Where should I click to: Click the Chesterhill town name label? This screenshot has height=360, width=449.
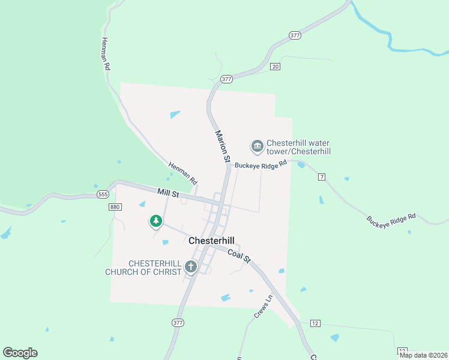[x=211, y=240]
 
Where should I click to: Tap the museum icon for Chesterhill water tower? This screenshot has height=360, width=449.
[x=257, y=146]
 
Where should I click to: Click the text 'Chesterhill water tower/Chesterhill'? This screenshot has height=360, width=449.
[x=298, y=148]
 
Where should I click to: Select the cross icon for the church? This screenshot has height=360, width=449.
[x=191, y=267]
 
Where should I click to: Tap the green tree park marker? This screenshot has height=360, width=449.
[x=156, y=221]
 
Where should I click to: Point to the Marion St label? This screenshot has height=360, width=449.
[x=222, y=146]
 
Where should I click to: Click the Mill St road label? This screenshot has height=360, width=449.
[x=168, y=193]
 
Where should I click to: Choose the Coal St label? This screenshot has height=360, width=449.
[x=238, y=256]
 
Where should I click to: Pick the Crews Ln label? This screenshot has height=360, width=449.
[x=263, y=306]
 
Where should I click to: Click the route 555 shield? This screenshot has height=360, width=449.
[x=102, y=194]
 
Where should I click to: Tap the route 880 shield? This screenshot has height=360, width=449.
[x=115, y=206]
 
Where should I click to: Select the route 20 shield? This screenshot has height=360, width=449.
[x=275, y=66]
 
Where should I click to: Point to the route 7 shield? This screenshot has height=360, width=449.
[x=322, y=176]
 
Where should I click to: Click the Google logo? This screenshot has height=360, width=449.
[x=20, y=353]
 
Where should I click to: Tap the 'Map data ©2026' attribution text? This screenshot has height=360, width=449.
[x=423, y=355]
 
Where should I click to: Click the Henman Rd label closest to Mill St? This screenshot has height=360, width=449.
[x=182, y=173]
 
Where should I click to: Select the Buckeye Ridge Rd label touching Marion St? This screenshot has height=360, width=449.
[x=261, y=164]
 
